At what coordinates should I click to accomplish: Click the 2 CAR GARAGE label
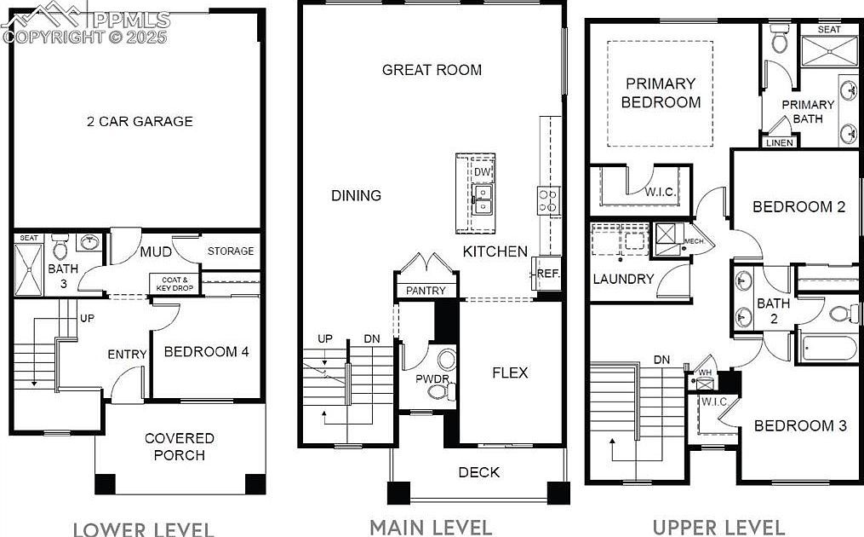coord(140,121)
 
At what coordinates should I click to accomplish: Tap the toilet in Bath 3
coord(60,249)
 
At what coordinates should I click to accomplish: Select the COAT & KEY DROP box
coord(174,283)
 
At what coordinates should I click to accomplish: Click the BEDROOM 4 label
coord(206,352)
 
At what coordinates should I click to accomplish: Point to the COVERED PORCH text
coord(179,447)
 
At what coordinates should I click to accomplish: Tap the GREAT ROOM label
coord(432,70)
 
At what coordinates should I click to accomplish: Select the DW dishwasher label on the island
coord(483,172)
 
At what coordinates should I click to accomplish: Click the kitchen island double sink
coord(482,201)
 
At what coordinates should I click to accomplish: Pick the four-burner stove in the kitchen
coord(548,200)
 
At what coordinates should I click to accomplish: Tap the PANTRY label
coord(426,291)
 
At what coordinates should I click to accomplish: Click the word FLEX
coord(511,372)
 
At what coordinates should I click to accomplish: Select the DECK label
coord(479,472)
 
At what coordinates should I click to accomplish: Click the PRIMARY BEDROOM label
coord(661,93)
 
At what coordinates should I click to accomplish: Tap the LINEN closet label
coord(780,142)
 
